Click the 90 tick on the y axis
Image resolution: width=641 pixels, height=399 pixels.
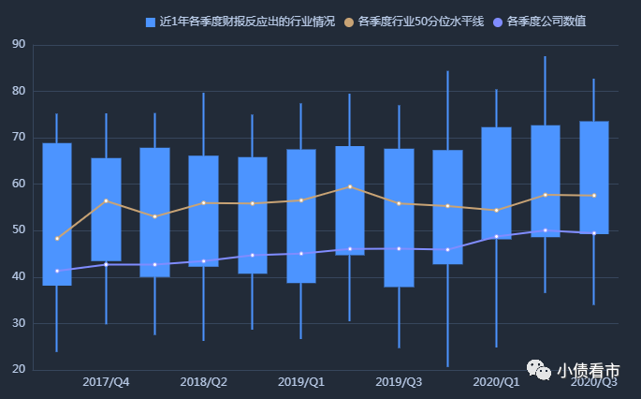pyautogui.click(x=19, y=44)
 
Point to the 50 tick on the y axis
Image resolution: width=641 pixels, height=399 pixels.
pyautogui.click(x=19, y=230)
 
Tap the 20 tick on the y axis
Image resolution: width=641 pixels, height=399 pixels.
pyautogui.click(x=19, y=370)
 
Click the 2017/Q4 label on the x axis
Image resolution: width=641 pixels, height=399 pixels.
pyautogui.click(x=106, y=382)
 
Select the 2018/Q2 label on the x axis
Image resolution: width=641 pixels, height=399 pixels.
pyautogui.click(x=204, y=382)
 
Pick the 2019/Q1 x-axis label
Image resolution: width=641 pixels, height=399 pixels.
pyautogui.click(x=301, y=382)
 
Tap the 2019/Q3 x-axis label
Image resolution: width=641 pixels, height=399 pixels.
pyautogui.click(x=399, y=382)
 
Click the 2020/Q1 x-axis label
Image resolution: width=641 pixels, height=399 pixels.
pyautogui.click(x=496, y=382)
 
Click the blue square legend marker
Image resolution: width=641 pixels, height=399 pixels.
pyautogui.click(x=151, y=22)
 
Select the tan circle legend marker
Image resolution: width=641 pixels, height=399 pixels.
pyautogui.click(x=349, y=22)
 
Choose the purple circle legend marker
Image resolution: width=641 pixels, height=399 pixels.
pyautogui.click(x=497, y=22)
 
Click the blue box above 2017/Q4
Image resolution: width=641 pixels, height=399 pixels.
pyautogui.click(x=106, y=209)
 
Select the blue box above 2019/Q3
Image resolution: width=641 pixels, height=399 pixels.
pyautogui.click(x=399, y=217)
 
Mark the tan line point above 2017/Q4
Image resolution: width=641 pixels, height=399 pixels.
pyautogui.click(x=106, y=200)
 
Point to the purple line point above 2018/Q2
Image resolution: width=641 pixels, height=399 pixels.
pyautogui.click(x=204, y=261)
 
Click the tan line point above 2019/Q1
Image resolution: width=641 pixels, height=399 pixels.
pyautogui.click(x=301, y=199)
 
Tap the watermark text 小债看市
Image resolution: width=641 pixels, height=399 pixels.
pyautogui.click(x=587, y=371)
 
